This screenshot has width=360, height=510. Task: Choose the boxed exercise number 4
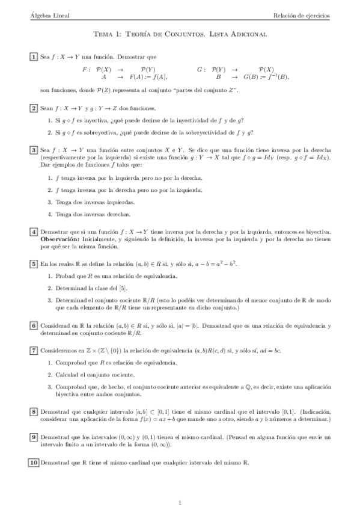[x=33, y=232]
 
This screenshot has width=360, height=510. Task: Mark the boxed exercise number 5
[x=33, y=263]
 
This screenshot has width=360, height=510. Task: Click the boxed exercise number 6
[x=33, y=325]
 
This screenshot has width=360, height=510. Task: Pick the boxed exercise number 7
[x=33, y=350]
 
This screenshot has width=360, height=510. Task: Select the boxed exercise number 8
[x=33, y=411]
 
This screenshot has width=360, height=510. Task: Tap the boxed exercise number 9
[x=33, y=437]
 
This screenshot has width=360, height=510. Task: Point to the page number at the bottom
[x=180, y=502]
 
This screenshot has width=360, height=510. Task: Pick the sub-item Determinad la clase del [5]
[x=91, y=289]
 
